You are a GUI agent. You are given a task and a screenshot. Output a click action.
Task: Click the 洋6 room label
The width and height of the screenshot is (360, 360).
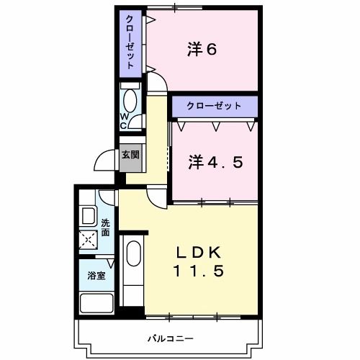pyautogui.click(x=202, y=50)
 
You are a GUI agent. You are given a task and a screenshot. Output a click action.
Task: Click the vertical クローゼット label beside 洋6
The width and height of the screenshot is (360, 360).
pyautogui.click(x=130, y=41)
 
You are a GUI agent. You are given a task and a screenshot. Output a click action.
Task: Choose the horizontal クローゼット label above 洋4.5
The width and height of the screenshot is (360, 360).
pyautogui.click(x=214, y=105)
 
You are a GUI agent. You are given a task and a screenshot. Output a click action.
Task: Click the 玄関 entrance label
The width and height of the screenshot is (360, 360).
pyautogui.click(x=130, y=155)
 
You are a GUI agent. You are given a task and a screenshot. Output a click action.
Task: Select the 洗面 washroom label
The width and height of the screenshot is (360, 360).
pyautogui.click(x=105, y=228)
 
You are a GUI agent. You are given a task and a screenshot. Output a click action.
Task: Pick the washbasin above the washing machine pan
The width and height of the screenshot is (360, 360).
pyautogui.click(x=89, y=216)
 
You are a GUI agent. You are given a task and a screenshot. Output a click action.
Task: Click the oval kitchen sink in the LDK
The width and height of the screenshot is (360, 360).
pyautogui.click(x=133, y=254)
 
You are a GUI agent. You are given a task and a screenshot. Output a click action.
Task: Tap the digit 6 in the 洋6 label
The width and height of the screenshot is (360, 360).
pyautogui.click(x=213, y=50)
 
